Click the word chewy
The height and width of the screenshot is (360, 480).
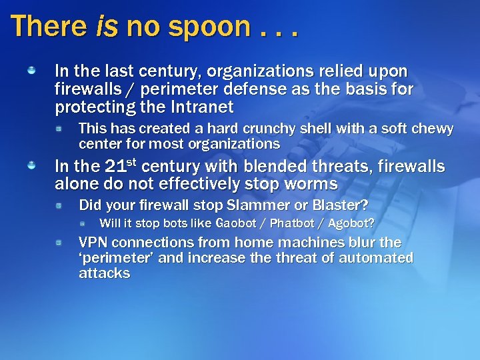[x=430, y=129]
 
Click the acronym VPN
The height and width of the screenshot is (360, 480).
[x=93, y=243]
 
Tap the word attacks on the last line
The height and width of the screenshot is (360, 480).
[x=104, y=274]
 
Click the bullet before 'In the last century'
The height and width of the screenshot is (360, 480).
[x=31, y=69]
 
